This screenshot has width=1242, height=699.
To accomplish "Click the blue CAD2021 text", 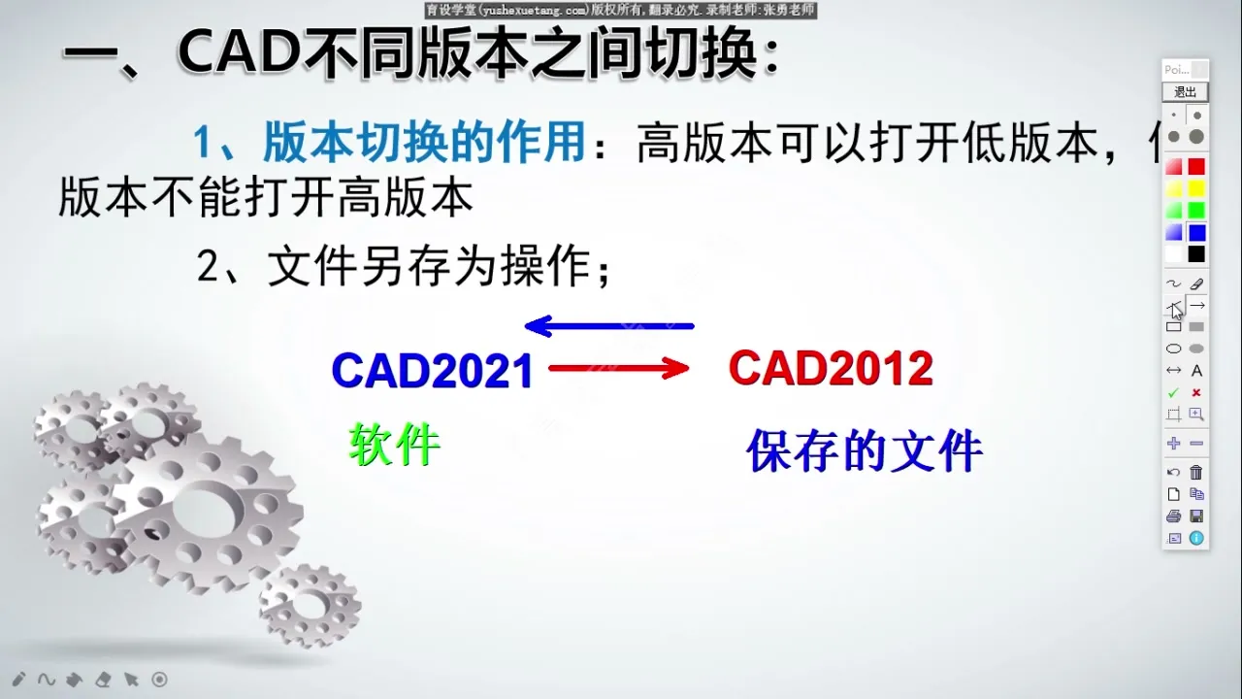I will (x=432, y=371).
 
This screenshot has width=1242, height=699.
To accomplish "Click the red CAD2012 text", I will (x=831, y=369).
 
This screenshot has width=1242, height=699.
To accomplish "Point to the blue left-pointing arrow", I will (x=609, y=326).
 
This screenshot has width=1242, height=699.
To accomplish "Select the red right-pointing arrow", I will (x=618, y=368).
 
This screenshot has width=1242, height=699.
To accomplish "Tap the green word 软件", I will (x=394, y=446).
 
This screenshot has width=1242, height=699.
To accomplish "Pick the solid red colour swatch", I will (x=1196, y=167).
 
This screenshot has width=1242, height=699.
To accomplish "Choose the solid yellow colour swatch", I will (x=1196, y=188).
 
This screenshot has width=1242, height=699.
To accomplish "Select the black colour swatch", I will (x=1196, y=254).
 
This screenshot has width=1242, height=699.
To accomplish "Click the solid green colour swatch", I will (x=1196, y=211).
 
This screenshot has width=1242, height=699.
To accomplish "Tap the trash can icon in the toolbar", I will (x=1196, y=473).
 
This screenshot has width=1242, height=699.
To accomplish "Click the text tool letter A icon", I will (x=1196, y=371).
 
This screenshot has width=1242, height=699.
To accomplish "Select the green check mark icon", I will (x=1173, y=393).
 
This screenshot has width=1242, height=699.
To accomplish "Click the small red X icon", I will (x=1196, y=393).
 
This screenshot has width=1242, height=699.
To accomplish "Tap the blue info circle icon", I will (x=1196, y=538).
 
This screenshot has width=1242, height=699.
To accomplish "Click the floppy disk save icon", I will (x=1196, y=516).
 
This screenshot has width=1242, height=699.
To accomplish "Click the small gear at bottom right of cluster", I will (x=310, y=605).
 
